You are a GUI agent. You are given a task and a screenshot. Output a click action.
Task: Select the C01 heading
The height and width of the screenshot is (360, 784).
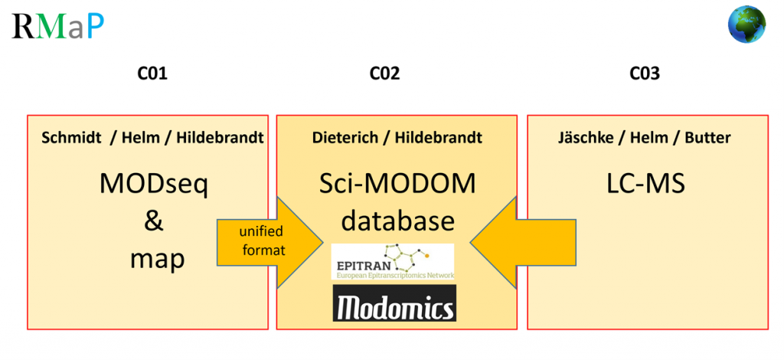[x=152, y=74]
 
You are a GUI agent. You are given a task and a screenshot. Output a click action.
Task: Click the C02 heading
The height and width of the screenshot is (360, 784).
[x=384, y=74]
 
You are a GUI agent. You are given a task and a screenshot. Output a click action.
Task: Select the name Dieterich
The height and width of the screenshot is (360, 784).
[x=344, y=138]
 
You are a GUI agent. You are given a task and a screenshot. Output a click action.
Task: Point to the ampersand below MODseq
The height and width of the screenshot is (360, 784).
[x=154, y=221]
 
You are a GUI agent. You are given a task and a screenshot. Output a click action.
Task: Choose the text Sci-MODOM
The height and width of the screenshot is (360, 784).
[x=397, y=184]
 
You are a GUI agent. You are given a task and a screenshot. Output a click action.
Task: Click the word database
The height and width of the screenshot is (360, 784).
[x=397, y=221]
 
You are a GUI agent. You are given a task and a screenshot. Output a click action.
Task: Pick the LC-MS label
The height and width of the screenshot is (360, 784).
[x=644, y=184]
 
